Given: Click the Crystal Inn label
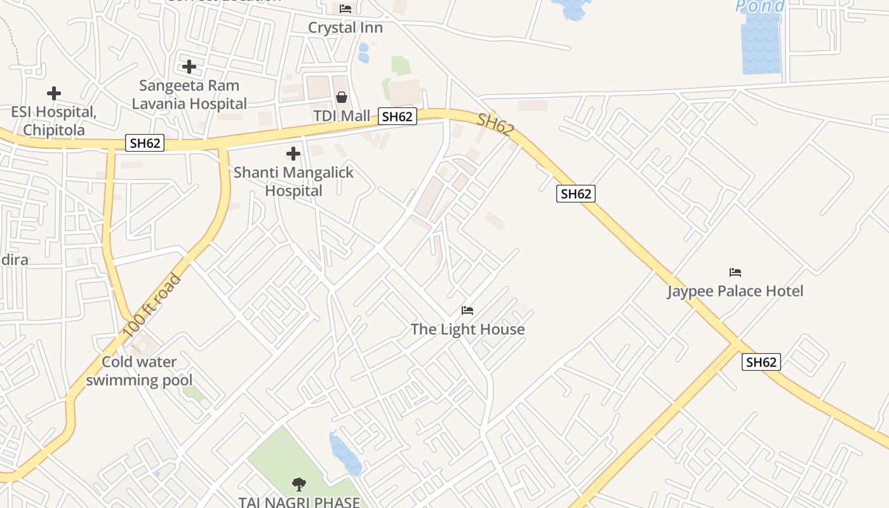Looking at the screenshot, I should click(x=345, y=28).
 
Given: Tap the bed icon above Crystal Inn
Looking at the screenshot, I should click(x=345, y=9).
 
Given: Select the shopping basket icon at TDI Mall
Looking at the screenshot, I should click(x=342, y=97).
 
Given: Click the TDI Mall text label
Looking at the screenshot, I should click(x=342, y=116).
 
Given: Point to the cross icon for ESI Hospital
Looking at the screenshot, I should click(x=54, y=93).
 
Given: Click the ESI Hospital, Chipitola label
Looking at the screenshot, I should click(x=54, y=121).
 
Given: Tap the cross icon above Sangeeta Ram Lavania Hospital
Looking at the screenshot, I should click(x=189, y=66).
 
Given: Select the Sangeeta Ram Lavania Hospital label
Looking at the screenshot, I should click(x=189, y=94).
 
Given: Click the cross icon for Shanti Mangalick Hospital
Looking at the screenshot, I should click(x=293, y=153).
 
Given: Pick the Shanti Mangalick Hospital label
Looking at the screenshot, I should click(x=293, y=181).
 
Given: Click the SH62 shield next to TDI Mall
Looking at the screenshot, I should click(x=398, y=116).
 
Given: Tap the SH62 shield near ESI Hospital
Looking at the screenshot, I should click(x=145, y=143).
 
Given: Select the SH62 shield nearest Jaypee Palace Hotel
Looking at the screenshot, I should click(x=761, y=362).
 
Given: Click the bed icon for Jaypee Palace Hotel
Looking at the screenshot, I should click(x=735, y=272).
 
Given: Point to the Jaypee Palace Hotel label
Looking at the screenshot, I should click(x=735, y=291).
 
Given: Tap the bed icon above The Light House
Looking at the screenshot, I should click(x=467, y=311).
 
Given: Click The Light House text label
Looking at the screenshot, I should click(x=467, y=329).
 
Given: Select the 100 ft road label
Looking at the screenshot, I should click(x=152, y=305).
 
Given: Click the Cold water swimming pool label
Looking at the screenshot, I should click(x=140, y=371).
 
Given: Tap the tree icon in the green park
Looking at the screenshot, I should click(x=298, y=485).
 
